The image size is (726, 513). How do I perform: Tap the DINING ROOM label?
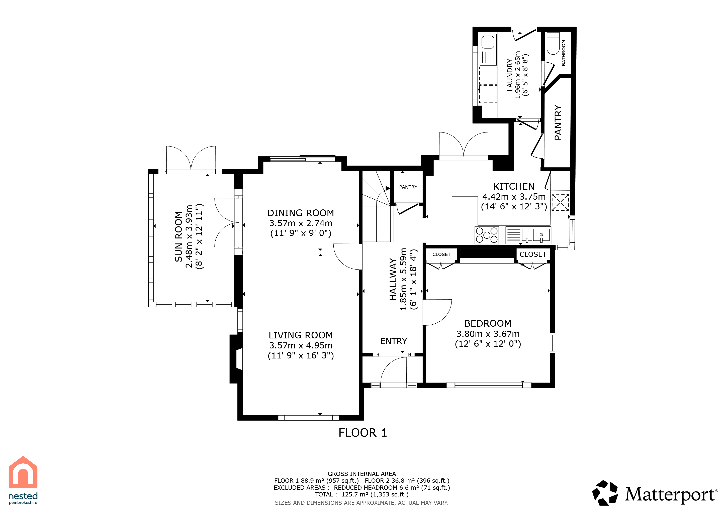(301, 213)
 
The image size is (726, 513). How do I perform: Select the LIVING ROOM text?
(301, 335)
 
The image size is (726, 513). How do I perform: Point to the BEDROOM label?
(488, 323)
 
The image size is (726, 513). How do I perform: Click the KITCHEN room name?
(514, 186)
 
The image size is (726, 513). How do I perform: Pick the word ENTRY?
(394, 341)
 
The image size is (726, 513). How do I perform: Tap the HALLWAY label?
(393, 280)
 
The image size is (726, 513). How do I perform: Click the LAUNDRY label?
(510, 75)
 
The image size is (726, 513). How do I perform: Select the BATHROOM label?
(564, 53)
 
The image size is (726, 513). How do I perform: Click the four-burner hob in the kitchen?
(487, 235)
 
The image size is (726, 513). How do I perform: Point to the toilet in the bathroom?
(553, 43)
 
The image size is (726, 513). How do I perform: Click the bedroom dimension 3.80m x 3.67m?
(488, 334)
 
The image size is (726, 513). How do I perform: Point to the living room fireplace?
(236, 359)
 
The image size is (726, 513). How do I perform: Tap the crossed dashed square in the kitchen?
(560, 202)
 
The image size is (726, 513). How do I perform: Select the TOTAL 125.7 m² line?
(362, 495)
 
